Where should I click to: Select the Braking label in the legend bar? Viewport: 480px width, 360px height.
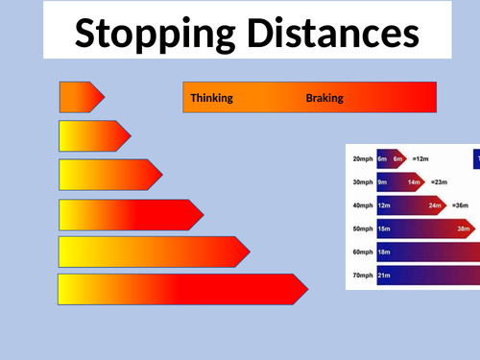coord(324,98)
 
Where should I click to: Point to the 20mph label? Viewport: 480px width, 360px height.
coord(362,158)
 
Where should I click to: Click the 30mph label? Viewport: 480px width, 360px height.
coord(362,182)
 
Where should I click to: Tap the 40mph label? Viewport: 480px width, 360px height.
coord(362,205)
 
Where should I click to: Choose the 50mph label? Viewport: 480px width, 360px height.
coord(362,228)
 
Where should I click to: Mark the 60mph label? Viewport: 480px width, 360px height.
coord(362,252)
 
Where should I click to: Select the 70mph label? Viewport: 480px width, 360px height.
coord(362,276)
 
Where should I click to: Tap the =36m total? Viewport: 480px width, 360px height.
coord(462,205)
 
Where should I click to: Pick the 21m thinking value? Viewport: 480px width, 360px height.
coord(383,276)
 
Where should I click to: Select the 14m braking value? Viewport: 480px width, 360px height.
coord(415,182)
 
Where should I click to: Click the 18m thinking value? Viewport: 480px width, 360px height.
coord(383,252)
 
